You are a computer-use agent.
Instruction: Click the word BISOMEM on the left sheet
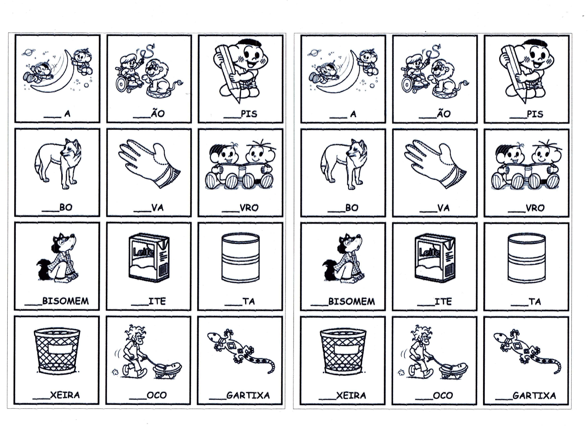coord(65,301)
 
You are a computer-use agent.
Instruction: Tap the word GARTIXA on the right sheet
coord(534,396)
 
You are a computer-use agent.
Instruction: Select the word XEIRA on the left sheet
coord(65,395)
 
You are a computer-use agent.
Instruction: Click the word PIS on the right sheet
coord(535,114)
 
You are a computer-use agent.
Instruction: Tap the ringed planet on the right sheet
coord(312,53)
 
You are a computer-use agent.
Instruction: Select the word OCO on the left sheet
coord(157,395)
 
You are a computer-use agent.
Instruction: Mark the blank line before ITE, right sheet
coord(426,305)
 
